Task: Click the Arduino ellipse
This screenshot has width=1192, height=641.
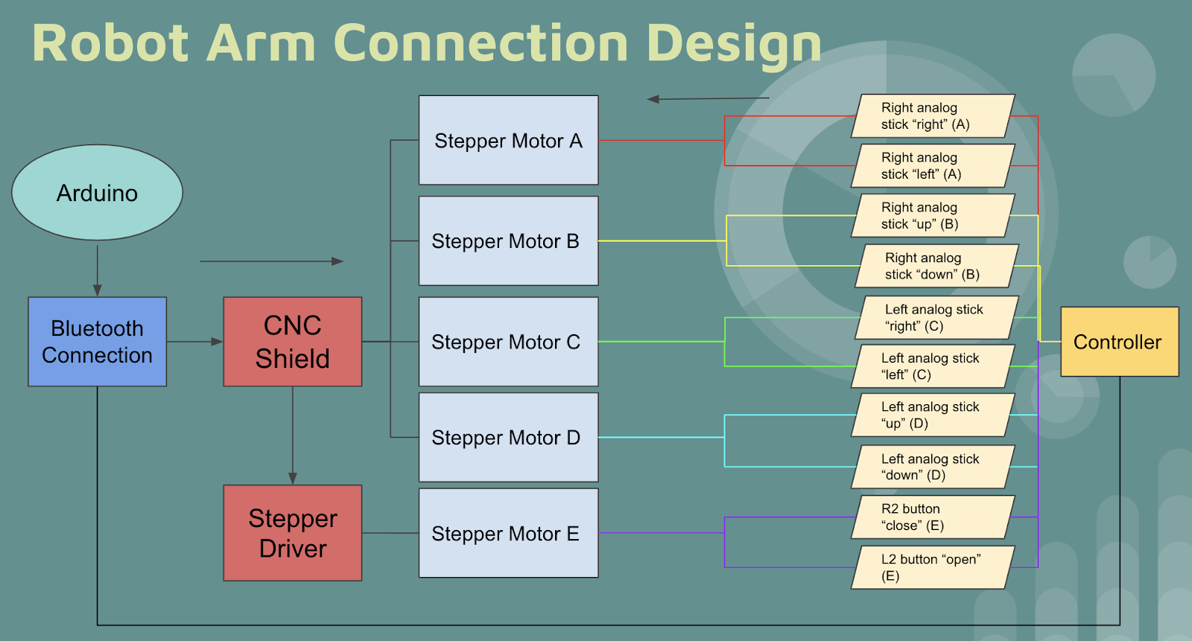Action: point(97,192)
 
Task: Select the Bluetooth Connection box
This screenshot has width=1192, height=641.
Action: point(97,342)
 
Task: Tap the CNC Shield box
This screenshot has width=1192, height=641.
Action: point(292,342)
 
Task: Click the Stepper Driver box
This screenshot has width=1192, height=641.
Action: point(292,533)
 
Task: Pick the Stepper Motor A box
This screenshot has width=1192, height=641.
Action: point(508,140)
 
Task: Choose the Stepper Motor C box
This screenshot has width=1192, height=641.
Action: point(508,342)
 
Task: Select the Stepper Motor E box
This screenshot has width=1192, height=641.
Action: point(508,533)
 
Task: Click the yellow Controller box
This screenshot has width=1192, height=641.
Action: point(1119,342)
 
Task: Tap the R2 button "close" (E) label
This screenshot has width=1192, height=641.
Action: point(933,517)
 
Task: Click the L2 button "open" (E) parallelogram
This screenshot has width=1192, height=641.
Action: point(933,567)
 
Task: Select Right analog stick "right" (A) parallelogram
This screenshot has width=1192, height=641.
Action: point(933,116)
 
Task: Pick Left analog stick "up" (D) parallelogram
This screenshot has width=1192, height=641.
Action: point(933,415)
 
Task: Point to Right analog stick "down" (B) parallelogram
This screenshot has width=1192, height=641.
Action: point(936,266)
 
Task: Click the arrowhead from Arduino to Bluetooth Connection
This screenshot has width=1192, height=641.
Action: point(98,290)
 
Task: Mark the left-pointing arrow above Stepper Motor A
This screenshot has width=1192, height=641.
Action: point(708,98)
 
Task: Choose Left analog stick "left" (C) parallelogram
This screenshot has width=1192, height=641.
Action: point(933,366)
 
